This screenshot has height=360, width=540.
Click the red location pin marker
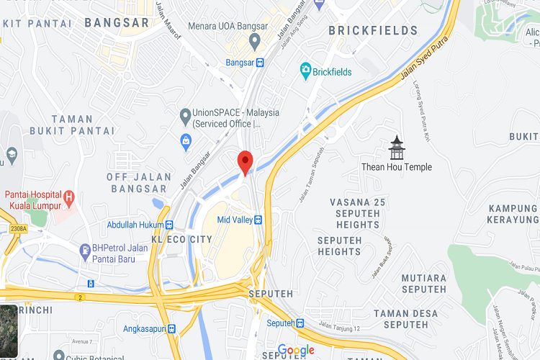click(245, 162)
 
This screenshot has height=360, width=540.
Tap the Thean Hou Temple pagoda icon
click(397, 148)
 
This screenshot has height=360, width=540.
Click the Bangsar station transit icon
click(259, 63)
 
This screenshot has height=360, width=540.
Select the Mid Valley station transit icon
click(257, 220)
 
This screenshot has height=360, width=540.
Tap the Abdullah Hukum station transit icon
click(169, 225)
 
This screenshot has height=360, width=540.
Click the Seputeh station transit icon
click(301, 323)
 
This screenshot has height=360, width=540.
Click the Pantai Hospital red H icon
click(69, 196)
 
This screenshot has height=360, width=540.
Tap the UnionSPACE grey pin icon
click(185, 114)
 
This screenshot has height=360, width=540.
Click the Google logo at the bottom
click(296, 351)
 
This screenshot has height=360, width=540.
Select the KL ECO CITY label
click(182, 239)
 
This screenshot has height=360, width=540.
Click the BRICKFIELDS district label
click(373, 31)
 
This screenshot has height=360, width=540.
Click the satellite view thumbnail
click(9, 332)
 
